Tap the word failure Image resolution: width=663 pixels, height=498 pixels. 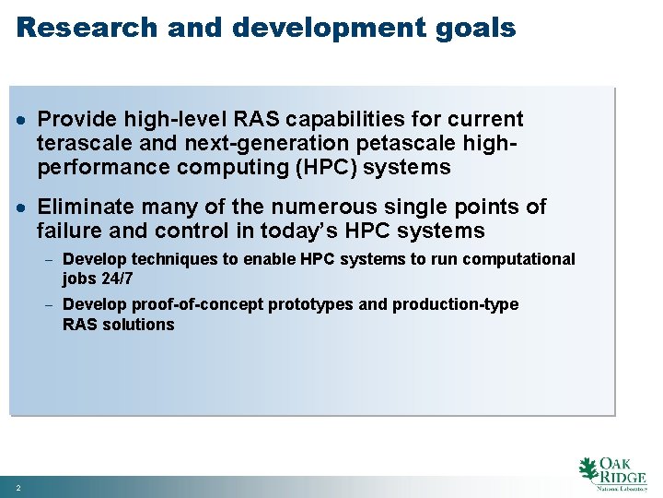(73, 231)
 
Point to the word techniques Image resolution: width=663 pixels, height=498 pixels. (170, 260)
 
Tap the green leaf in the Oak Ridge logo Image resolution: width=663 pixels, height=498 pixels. (587, 469)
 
